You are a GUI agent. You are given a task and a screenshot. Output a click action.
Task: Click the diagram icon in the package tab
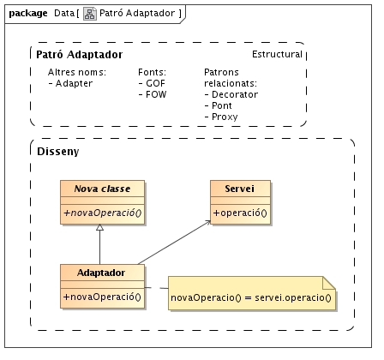(90, 14)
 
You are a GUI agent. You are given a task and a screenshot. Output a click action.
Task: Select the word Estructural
(277, 54)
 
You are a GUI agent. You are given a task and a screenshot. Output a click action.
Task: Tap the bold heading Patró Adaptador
(80, 54)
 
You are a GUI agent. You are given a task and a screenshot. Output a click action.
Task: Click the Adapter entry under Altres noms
(70, 83)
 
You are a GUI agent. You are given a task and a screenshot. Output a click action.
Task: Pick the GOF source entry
(152, 83)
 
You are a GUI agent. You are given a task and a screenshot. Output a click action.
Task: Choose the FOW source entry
(153, 94)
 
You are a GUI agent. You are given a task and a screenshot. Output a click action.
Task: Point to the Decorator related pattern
(231, 94)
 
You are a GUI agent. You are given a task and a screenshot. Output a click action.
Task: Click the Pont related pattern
(219, 105)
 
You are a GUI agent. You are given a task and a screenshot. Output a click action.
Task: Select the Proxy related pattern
(221, 117)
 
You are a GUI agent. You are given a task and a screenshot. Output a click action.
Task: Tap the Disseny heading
(58, 152)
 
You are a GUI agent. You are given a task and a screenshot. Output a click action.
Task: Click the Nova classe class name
(102, 189)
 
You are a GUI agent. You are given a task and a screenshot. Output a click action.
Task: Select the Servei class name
(239, 189)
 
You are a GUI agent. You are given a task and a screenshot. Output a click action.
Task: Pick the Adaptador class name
(101, 273)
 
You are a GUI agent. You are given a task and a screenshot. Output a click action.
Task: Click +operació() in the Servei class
(240, 213)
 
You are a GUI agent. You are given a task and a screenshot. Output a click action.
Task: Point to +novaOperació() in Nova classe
(103, 213)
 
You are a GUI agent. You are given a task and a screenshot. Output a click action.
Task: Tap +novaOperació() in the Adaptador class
(102, 297)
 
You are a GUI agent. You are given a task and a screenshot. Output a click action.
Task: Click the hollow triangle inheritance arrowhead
(99, 227)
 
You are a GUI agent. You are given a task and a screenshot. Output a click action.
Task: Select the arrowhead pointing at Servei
(207, 223)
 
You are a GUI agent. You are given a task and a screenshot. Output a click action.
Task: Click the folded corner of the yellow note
(329, 283)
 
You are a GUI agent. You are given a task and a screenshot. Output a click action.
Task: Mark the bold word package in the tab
(28, 14)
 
